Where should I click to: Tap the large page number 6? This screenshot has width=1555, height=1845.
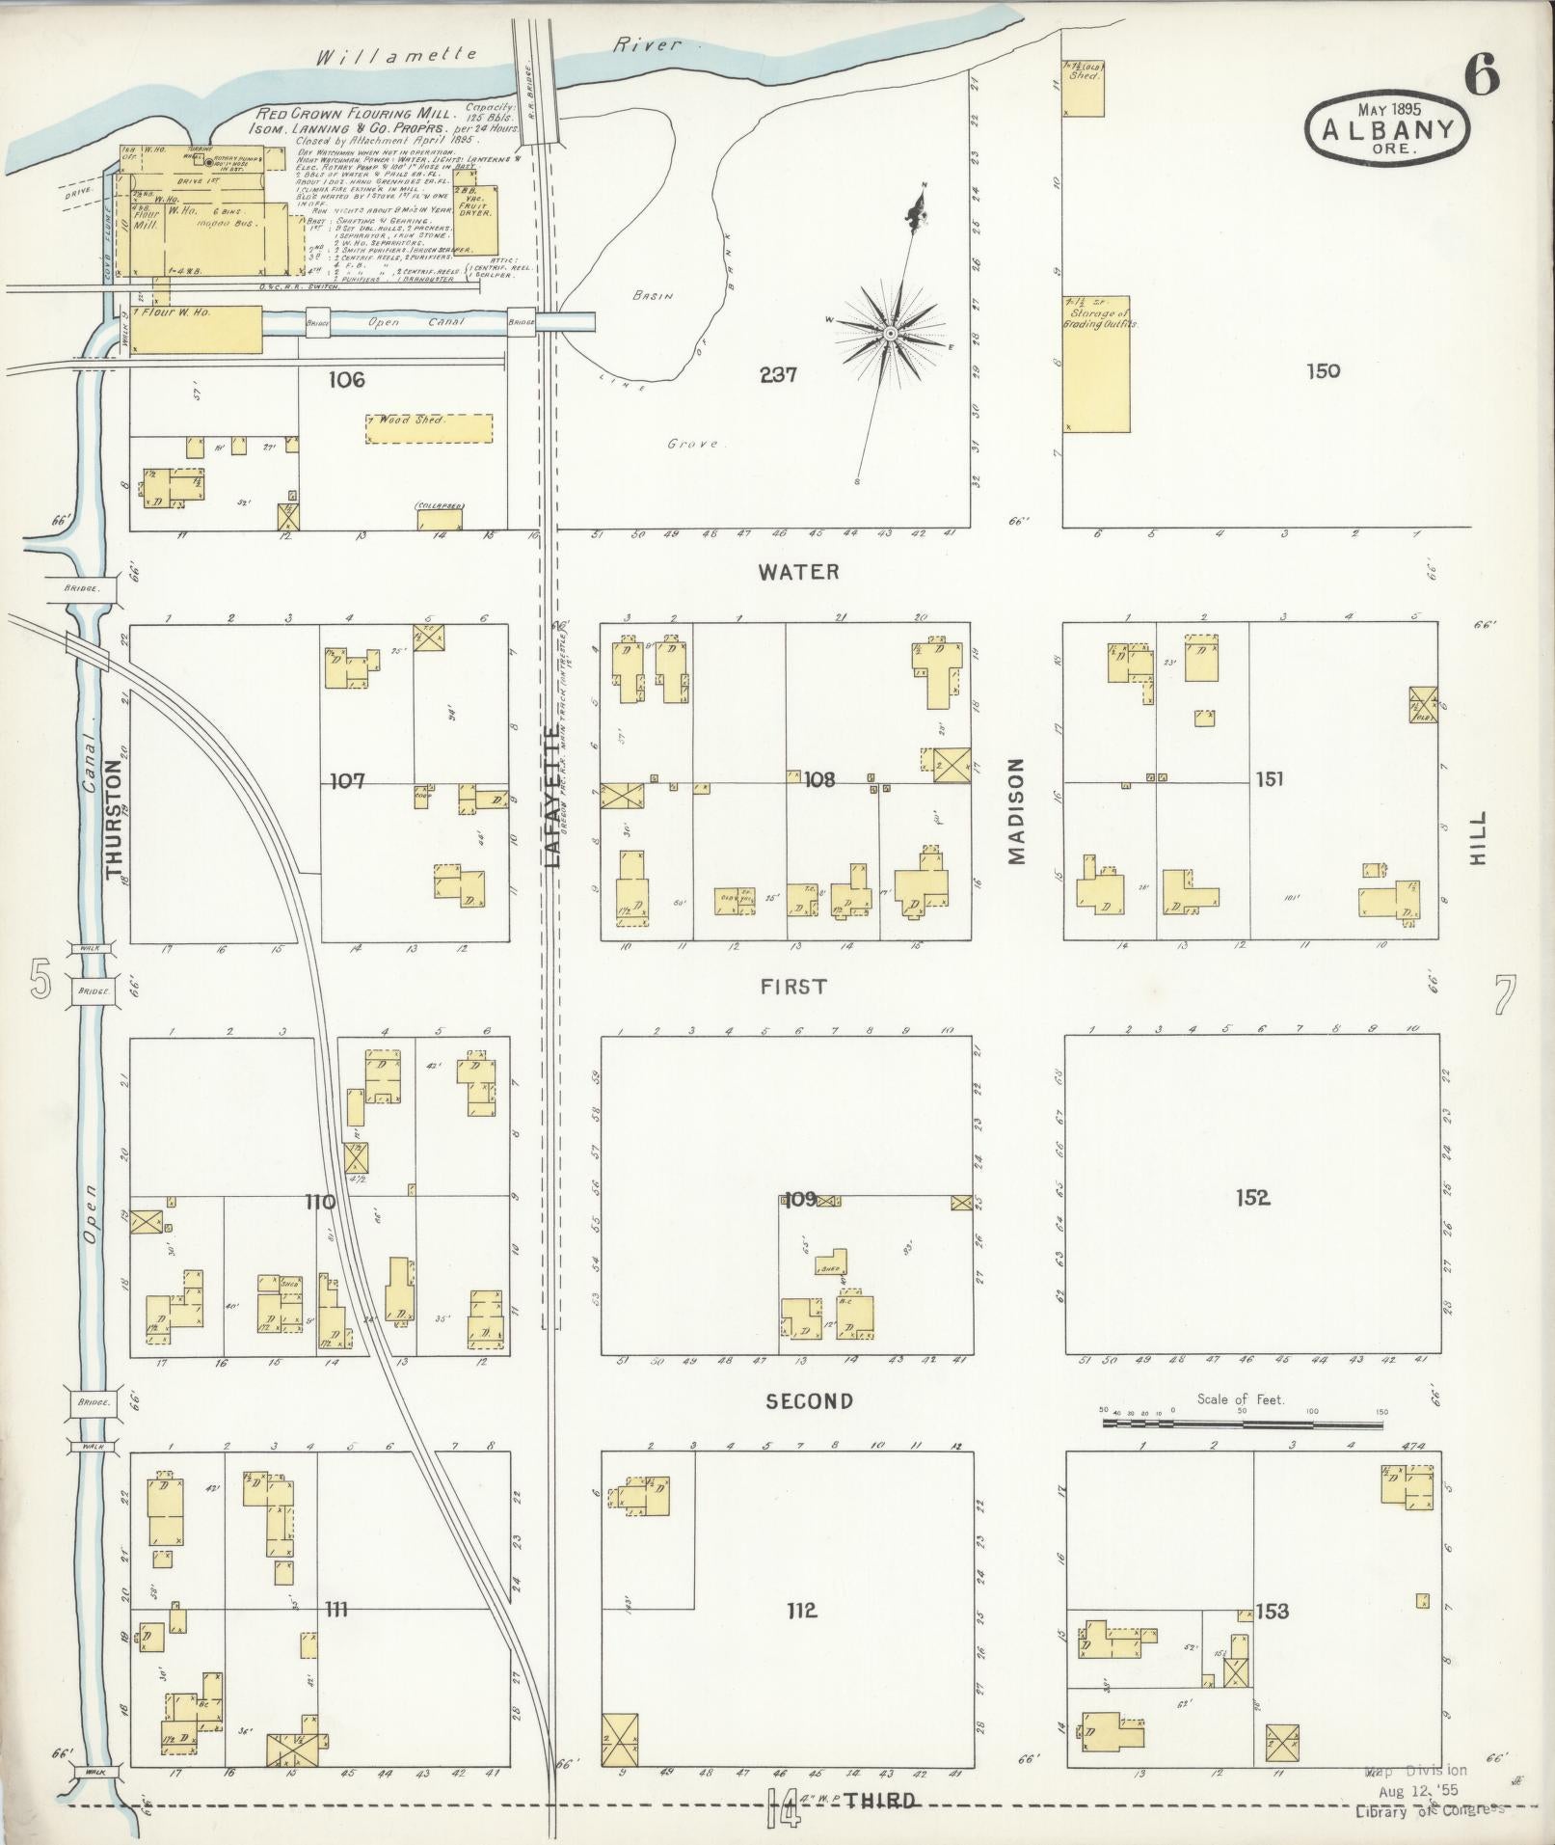(x=1483, y=74)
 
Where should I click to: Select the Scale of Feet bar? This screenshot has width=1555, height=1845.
(x=1243, y=1422)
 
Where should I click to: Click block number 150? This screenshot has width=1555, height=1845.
(x=1323, y=371)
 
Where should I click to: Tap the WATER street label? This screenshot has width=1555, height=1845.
(x=798, y=572)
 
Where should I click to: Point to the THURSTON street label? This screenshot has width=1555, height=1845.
(x=116, y=820)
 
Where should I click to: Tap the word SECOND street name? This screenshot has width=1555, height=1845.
(x=809, y=1401)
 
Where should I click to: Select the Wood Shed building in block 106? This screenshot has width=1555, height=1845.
(x=429, y=428)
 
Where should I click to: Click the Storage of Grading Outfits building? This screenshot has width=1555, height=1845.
(x=1096, y=364)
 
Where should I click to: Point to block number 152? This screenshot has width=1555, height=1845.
(x=1252, y=1198)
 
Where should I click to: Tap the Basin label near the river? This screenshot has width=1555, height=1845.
(x=652, y=296)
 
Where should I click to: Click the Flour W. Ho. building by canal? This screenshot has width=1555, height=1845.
(x=197, y=329)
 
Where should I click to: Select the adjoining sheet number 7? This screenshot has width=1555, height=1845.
(x=1505, y=996)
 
